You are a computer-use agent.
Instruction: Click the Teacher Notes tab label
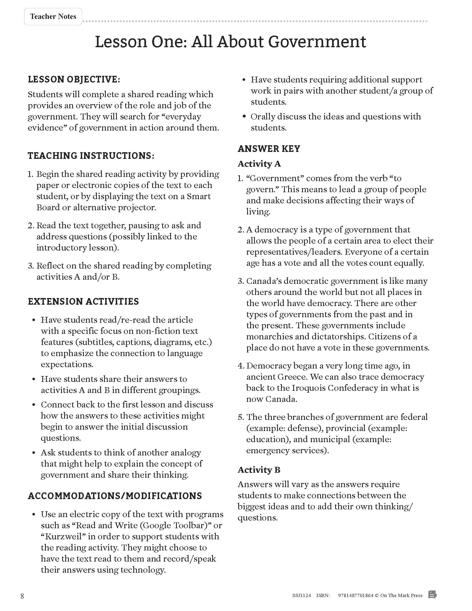coord(53,17)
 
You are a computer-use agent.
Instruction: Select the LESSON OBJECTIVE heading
coord(74,79)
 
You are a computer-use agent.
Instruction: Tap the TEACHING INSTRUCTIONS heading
coord(91,156)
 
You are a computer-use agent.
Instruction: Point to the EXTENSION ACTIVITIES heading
coord(83,302)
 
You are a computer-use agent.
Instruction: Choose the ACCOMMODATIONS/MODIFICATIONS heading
coord(115,496)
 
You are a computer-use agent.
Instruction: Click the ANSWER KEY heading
coord(269,149)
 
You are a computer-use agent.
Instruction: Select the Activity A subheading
coord(259,164)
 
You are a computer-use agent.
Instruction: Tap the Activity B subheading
coord(259,470)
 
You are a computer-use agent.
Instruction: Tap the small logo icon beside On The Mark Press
coord(432,595)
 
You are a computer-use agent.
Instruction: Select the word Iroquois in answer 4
coord(309,388)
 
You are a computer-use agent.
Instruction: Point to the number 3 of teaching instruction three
coord(30,266)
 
